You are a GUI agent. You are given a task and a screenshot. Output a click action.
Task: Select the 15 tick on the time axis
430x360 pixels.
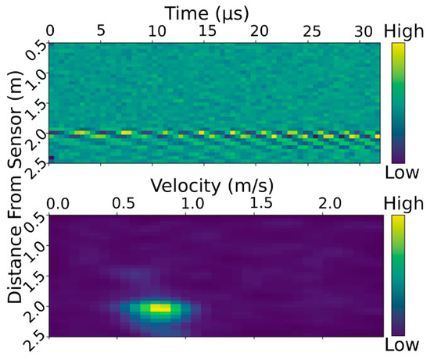(207, 30)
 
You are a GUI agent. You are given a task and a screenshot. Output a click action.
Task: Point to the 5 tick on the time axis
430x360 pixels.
(100, 30)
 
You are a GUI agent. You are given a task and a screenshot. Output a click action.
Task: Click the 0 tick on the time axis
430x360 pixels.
(51, 30)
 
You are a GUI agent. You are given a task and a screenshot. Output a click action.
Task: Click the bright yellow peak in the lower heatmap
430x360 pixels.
(159, 308)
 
